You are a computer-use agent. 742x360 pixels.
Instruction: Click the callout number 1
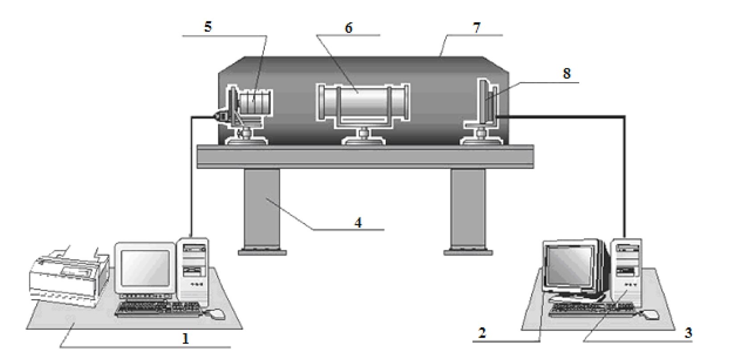pos(185,339)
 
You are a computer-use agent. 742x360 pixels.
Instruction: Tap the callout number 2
pos(482,332)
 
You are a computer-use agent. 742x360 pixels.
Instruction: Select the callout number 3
pos(688,332)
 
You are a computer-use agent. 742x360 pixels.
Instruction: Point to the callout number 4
pos(358,223)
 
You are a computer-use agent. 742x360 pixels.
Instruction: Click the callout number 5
pos(208,26)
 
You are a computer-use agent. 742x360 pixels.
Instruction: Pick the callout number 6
pos(348,28)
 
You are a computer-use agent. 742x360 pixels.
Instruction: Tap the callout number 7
pos(477,28)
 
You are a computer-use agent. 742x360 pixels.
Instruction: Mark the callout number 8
pos(567,73)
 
